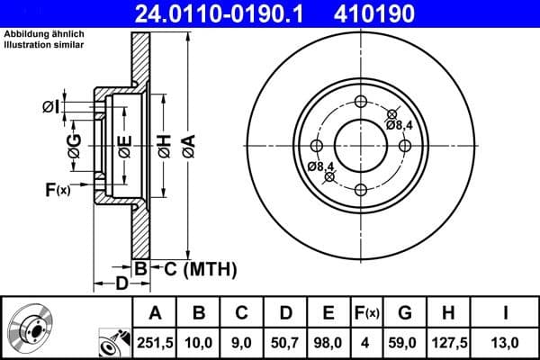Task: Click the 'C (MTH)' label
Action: coord(195,267)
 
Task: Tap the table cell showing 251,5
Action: coord(156,341)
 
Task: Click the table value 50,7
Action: coord(285,341)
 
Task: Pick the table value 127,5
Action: coord(448,341)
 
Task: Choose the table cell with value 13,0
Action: coord(505,341)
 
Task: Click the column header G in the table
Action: coord(404,312)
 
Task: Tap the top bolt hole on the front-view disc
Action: coord(362,101)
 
